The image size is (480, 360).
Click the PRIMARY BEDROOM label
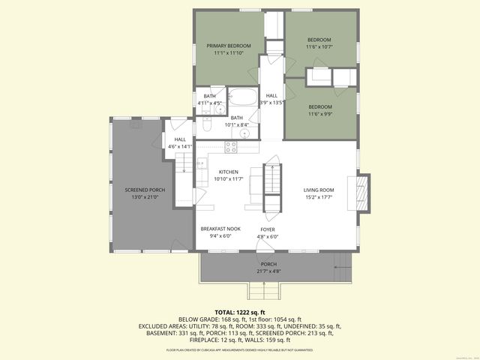[229, 46]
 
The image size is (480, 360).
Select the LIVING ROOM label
[319, 190]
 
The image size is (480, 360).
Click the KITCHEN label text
[228, 172]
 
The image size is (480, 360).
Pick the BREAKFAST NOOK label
[220, 228]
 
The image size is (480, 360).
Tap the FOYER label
[268, 229]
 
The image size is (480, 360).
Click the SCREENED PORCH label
[145, 190]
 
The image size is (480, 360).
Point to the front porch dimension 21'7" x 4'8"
[268, 271]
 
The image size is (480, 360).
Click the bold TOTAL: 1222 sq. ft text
[240, 311]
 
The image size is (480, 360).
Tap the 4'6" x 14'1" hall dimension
[180, 147]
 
